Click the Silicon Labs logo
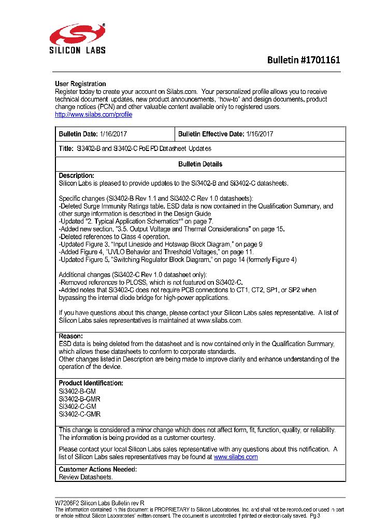78,38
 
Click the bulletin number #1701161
304,60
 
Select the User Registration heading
80,84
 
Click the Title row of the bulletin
135,148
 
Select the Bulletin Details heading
200,164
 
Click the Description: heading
77,176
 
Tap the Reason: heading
70,336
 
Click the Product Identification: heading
91,383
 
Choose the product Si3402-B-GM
77,391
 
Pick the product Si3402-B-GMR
79,399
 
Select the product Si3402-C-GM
77,407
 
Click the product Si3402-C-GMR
79,414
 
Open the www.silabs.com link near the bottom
236,457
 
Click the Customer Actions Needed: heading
97,469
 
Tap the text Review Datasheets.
85,477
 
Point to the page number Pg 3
315,516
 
